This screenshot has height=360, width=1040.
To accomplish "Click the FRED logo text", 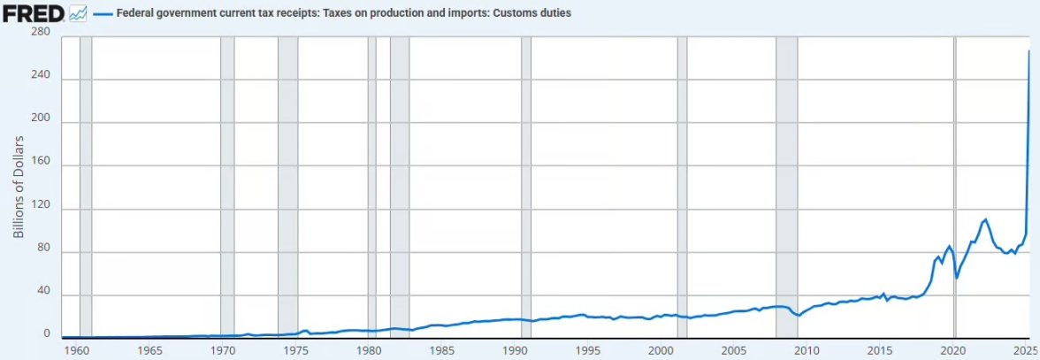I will coord(32,13).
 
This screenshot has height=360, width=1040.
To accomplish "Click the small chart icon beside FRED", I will coord(78,13).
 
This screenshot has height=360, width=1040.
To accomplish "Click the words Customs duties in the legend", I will coord(539,14).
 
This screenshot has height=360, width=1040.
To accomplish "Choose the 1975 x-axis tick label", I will coord(296,350).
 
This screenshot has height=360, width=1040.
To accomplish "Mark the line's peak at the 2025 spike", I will coord(1029,51).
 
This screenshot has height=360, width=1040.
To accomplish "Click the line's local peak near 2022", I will coord(986,218).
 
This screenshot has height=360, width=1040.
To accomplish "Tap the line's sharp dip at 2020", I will coord(957,278).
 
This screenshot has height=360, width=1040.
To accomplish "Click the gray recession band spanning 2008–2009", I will coord(786,177).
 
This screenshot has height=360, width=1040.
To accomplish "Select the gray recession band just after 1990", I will coord(526,177).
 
